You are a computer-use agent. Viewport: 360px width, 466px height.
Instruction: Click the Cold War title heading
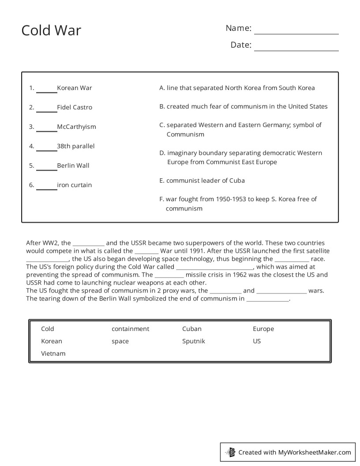tap(51, 30)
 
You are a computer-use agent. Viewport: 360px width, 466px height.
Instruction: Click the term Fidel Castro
tap(75, 107)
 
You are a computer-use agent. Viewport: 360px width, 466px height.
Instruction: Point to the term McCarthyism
tap(76, 127)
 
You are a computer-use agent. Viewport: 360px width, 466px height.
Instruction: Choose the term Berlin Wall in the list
tap(73, 165)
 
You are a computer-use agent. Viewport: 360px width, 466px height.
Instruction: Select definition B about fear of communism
tap(244, 106)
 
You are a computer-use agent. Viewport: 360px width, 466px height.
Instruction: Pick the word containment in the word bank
tap(130, 329)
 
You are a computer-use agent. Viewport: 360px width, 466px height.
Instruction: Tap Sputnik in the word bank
tap(193, 341)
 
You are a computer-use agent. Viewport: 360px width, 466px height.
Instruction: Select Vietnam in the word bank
tap(53, 353)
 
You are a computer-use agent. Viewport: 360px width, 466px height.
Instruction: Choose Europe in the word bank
tap(263, 329)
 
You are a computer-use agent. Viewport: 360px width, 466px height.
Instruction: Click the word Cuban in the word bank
tap(191, 329)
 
